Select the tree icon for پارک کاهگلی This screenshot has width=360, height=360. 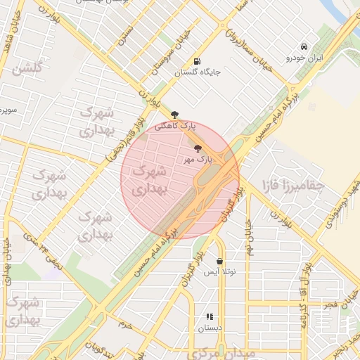click(175, 115)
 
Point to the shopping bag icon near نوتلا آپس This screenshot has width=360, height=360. click(220, 261)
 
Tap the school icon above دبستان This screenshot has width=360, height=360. click(209, 317)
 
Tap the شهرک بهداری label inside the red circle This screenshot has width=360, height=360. click(148, 180)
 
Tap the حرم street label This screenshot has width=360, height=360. click(124, 325)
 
